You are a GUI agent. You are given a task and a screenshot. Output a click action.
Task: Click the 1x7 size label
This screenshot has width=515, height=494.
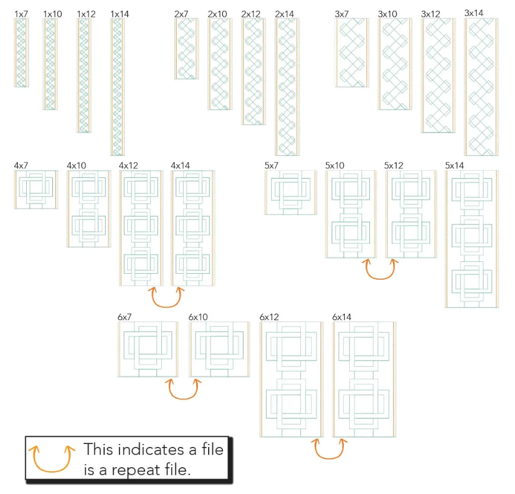coord(21,13)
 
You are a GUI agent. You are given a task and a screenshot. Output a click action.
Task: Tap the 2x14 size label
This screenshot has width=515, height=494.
coord(284,13)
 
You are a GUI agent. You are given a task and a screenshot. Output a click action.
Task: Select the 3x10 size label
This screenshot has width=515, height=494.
coord(388,13)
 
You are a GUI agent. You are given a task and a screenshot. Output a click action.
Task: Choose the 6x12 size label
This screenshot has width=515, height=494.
coord(270,317)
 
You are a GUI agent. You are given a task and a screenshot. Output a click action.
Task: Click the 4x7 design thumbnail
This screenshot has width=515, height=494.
coord(36,189)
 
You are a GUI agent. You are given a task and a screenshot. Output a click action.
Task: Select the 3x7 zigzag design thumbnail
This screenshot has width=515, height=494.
coord(351,52)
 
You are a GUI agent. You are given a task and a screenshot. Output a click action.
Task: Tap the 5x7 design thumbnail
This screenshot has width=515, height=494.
coord(291,192)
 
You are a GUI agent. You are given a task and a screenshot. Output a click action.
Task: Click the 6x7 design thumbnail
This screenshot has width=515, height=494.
coord(148,349)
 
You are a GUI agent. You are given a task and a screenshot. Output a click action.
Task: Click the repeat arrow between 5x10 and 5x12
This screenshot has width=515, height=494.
coord(381,269)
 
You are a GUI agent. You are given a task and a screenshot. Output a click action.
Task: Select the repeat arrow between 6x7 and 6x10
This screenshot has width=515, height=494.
coord(183,389)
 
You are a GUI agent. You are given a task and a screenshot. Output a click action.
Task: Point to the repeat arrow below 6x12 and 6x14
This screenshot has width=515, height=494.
coord(329,449)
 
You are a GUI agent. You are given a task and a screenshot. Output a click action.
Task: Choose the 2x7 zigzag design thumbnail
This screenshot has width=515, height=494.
coord(187,48)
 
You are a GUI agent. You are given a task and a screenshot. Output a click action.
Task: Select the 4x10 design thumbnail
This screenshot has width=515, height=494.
coord(89,208)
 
